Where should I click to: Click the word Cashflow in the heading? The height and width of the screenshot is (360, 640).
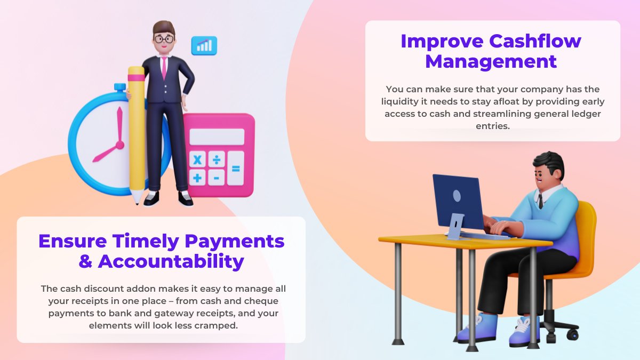point(535,41)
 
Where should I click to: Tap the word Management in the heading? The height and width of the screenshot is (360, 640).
point(491,61)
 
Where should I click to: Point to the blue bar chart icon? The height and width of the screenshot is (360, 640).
point(204,45)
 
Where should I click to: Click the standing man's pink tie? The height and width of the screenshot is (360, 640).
point(164,68)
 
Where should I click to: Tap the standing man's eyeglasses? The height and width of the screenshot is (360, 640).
point(163,38)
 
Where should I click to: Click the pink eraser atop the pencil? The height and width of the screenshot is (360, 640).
point(137,74)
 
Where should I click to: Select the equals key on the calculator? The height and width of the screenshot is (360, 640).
point(235,169)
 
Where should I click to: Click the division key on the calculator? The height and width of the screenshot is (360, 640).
point(217,159)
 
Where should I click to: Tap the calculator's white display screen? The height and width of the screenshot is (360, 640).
point(217,137)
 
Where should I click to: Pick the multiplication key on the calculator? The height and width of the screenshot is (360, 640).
point(198,159)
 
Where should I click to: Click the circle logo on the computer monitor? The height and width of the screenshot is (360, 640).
point(457,196)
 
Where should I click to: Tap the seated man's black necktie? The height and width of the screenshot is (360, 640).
point(540,201)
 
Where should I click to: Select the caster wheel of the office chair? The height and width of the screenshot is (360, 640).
point(572,334)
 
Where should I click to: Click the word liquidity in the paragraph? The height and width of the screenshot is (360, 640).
point(402,101)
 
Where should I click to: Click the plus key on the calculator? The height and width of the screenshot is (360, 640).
point(198,178)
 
